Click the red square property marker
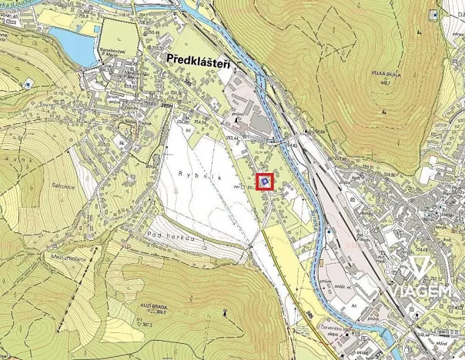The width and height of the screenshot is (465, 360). pyautogui.click(x=264, y=182)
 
